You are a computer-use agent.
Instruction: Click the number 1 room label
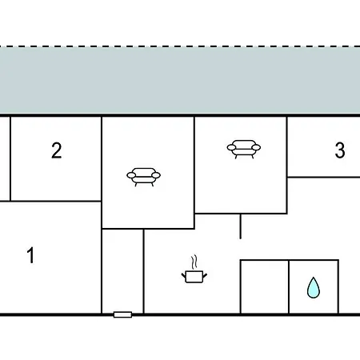pyautogui.click(x=31, y=255)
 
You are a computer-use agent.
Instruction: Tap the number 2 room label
pyautogui.click(x=57, y=150)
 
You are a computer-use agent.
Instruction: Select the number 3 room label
pyautogui.click(x=340, y=150)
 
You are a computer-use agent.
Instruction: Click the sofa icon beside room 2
pyautogui.click(x=143, y=177)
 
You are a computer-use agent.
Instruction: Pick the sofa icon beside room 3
pyautogui.click(x=244, y=149)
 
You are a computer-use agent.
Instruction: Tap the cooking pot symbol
pyautogui.click(x=194, y=276)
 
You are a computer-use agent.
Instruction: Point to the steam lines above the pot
pyautogui.click(x=194, y=262)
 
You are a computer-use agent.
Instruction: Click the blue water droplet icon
pyautogui.click(x=314, y=287)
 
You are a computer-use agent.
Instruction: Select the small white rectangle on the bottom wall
pyautogui.click(x=122, y=314)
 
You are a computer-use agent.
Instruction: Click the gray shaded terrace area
pyautogui.click(x=180, y=81)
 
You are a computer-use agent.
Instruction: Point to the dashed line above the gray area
pyautogui.click(x=180, y=46)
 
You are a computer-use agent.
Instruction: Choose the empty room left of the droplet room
pyautogui.click(x=264, y=286)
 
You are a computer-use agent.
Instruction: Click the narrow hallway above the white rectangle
pyautogui.click(x=122, y=270)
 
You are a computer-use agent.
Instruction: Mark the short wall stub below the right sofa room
pyautogui.click(x=241, y=226)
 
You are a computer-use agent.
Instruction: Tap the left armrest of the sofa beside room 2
pyautogui.click(x=131, y=175)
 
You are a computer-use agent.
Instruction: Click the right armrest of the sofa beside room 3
pyautogui.click(x=256, y=147)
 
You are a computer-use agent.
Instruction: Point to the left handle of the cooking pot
pyautogui.click(x=183, y=275)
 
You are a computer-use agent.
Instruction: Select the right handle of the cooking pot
pyautogui.click(x=205, y=275)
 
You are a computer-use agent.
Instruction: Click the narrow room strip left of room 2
pyautogui.click(x=5, y=158)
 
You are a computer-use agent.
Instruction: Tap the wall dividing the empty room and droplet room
pyautogui.click(x=289, y=286)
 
